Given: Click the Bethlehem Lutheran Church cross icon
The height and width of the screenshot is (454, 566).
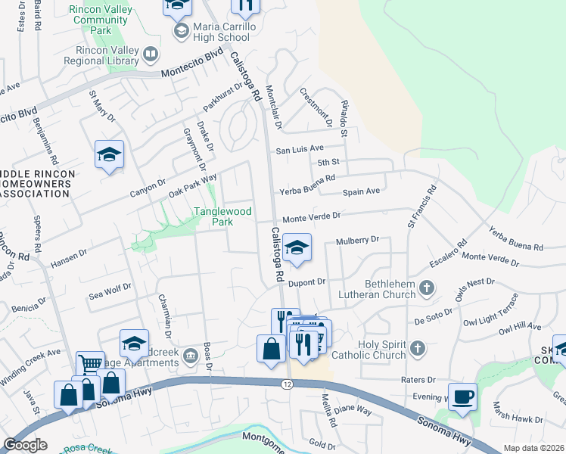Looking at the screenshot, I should (428, 288).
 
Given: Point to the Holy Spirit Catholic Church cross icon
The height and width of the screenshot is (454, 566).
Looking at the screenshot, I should (417, 348).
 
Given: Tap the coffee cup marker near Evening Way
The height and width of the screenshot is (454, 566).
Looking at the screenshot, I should (462, 396).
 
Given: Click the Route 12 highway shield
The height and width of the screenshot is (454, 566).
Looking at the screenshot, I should (287, 385).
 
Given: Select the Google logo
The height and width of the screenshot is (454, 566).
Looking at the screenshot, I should (25, 445).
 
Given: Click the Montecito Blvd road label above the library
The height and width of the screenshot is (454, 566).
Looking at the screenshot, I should (192, 64).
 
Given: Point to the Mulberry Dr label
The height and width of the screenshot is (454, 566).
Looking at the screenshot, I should (356, 241).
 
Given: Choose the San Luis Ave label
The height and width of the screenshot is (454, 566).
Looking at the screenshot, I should (299, 149).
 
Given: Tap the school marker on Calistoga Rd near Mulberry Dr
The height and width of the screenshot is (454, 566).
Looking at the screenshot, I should (297, 247).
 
